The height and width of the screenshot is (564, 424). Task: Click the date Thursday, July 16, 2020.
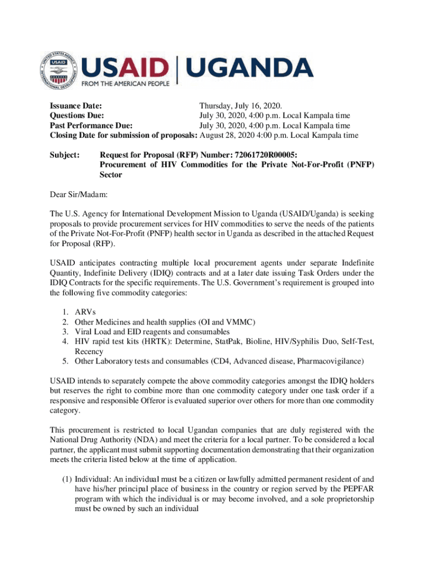tap(241, 106)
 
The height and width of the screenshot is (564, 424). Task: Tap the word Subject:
tap(65, 155)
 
